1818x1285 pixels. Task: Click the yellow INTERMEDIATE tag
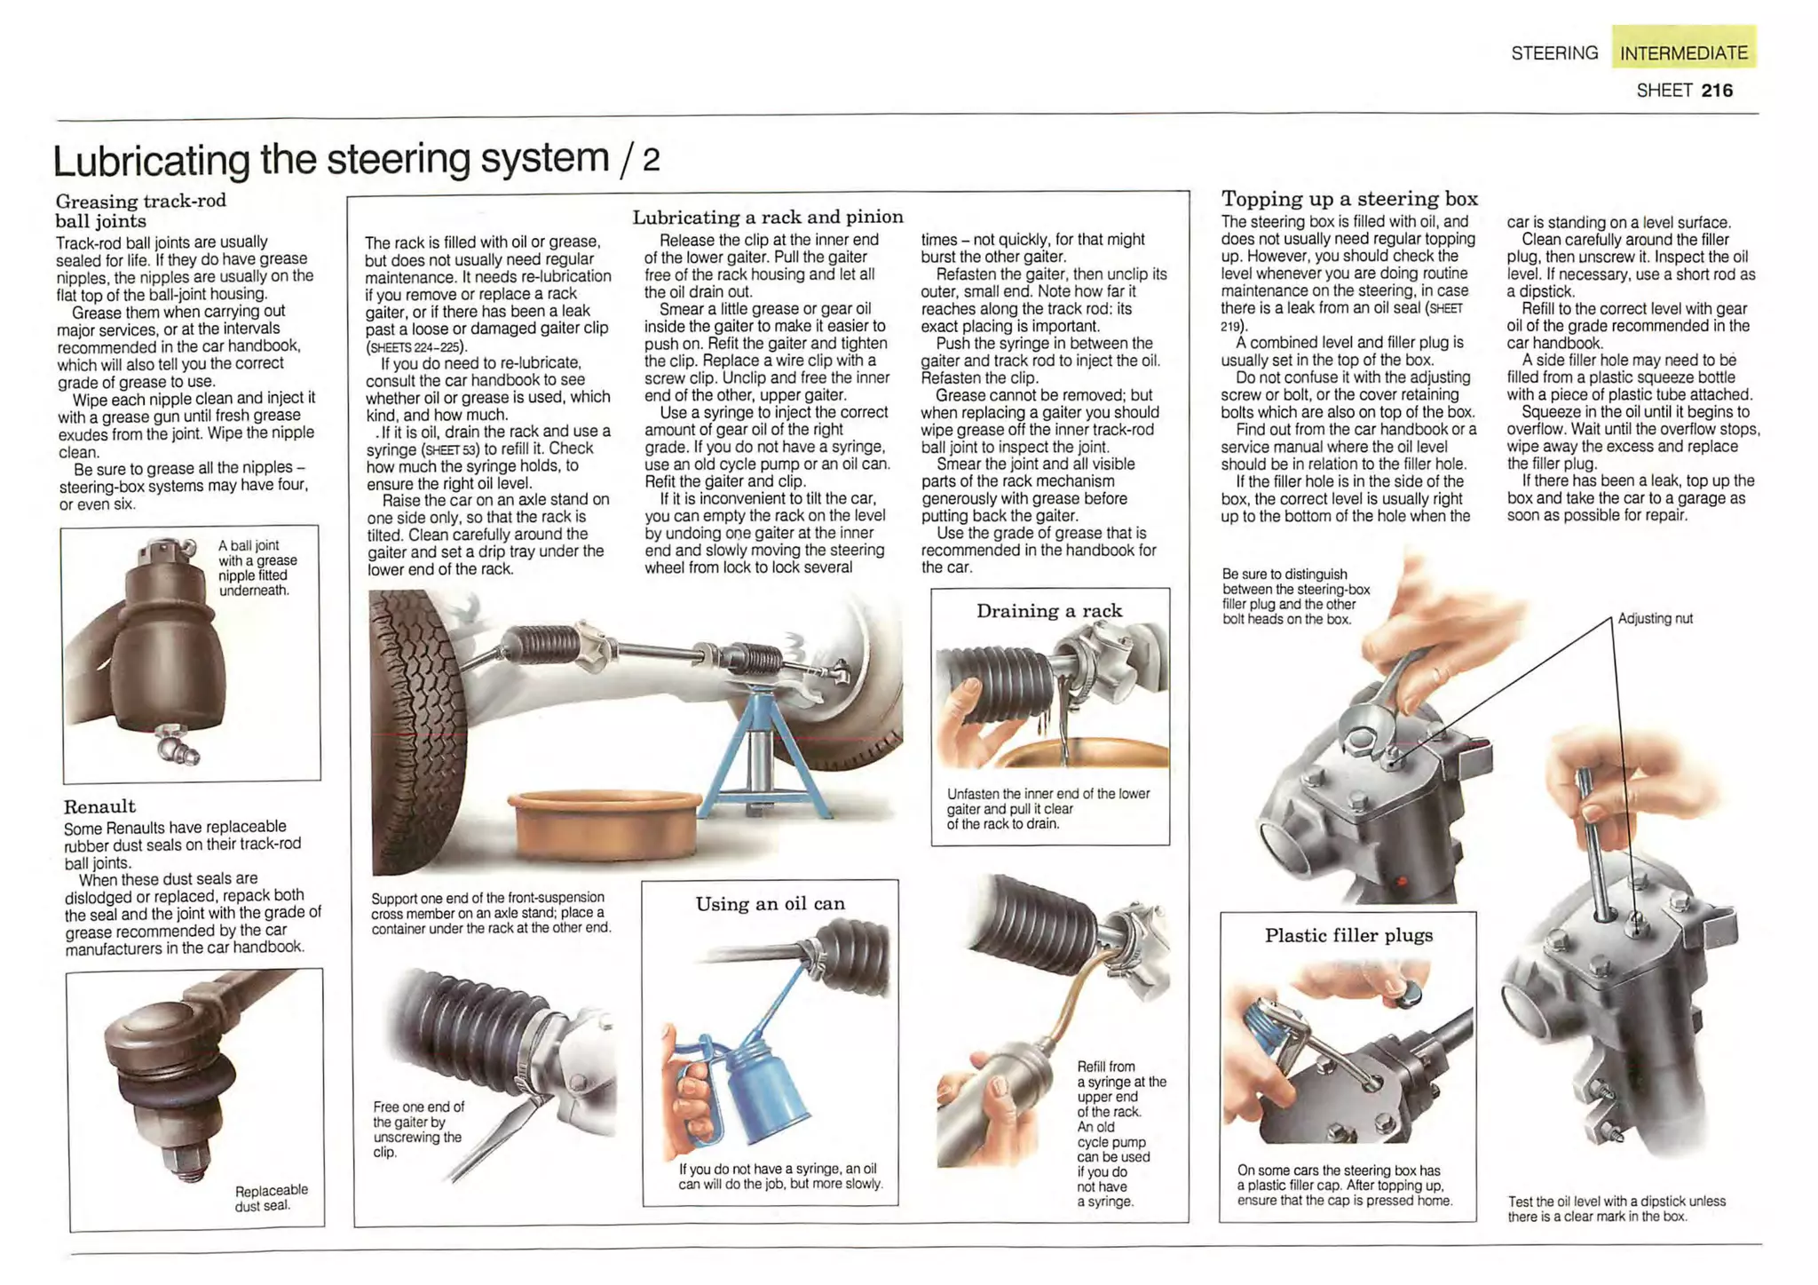click(1683, 52)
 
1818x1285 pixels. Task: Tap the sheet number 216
click(1717, 90)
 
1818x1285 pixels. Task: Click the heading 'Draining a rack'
click(1049, 611)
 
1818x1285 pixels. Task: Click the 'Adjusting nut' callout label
click(1655, 619)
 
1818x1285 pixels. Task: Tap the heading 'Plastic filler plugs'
click(1348, 935)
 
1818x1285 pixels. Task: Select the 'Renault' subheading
click(99, 806)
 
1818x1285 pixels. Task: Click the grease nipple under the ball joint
click(178, 744)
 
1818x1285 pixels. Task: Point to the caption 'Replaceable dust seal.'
click(271, 1197)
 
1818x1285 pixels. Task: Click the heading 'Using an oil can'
click(770, 904)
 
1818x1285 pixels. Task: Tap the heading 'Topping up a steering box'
click(1348, 199)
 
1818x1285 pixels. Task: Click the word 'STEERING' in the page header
click(1554, 53)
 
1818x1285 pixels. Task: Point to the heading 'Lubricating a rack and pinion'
click(767, 217)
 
